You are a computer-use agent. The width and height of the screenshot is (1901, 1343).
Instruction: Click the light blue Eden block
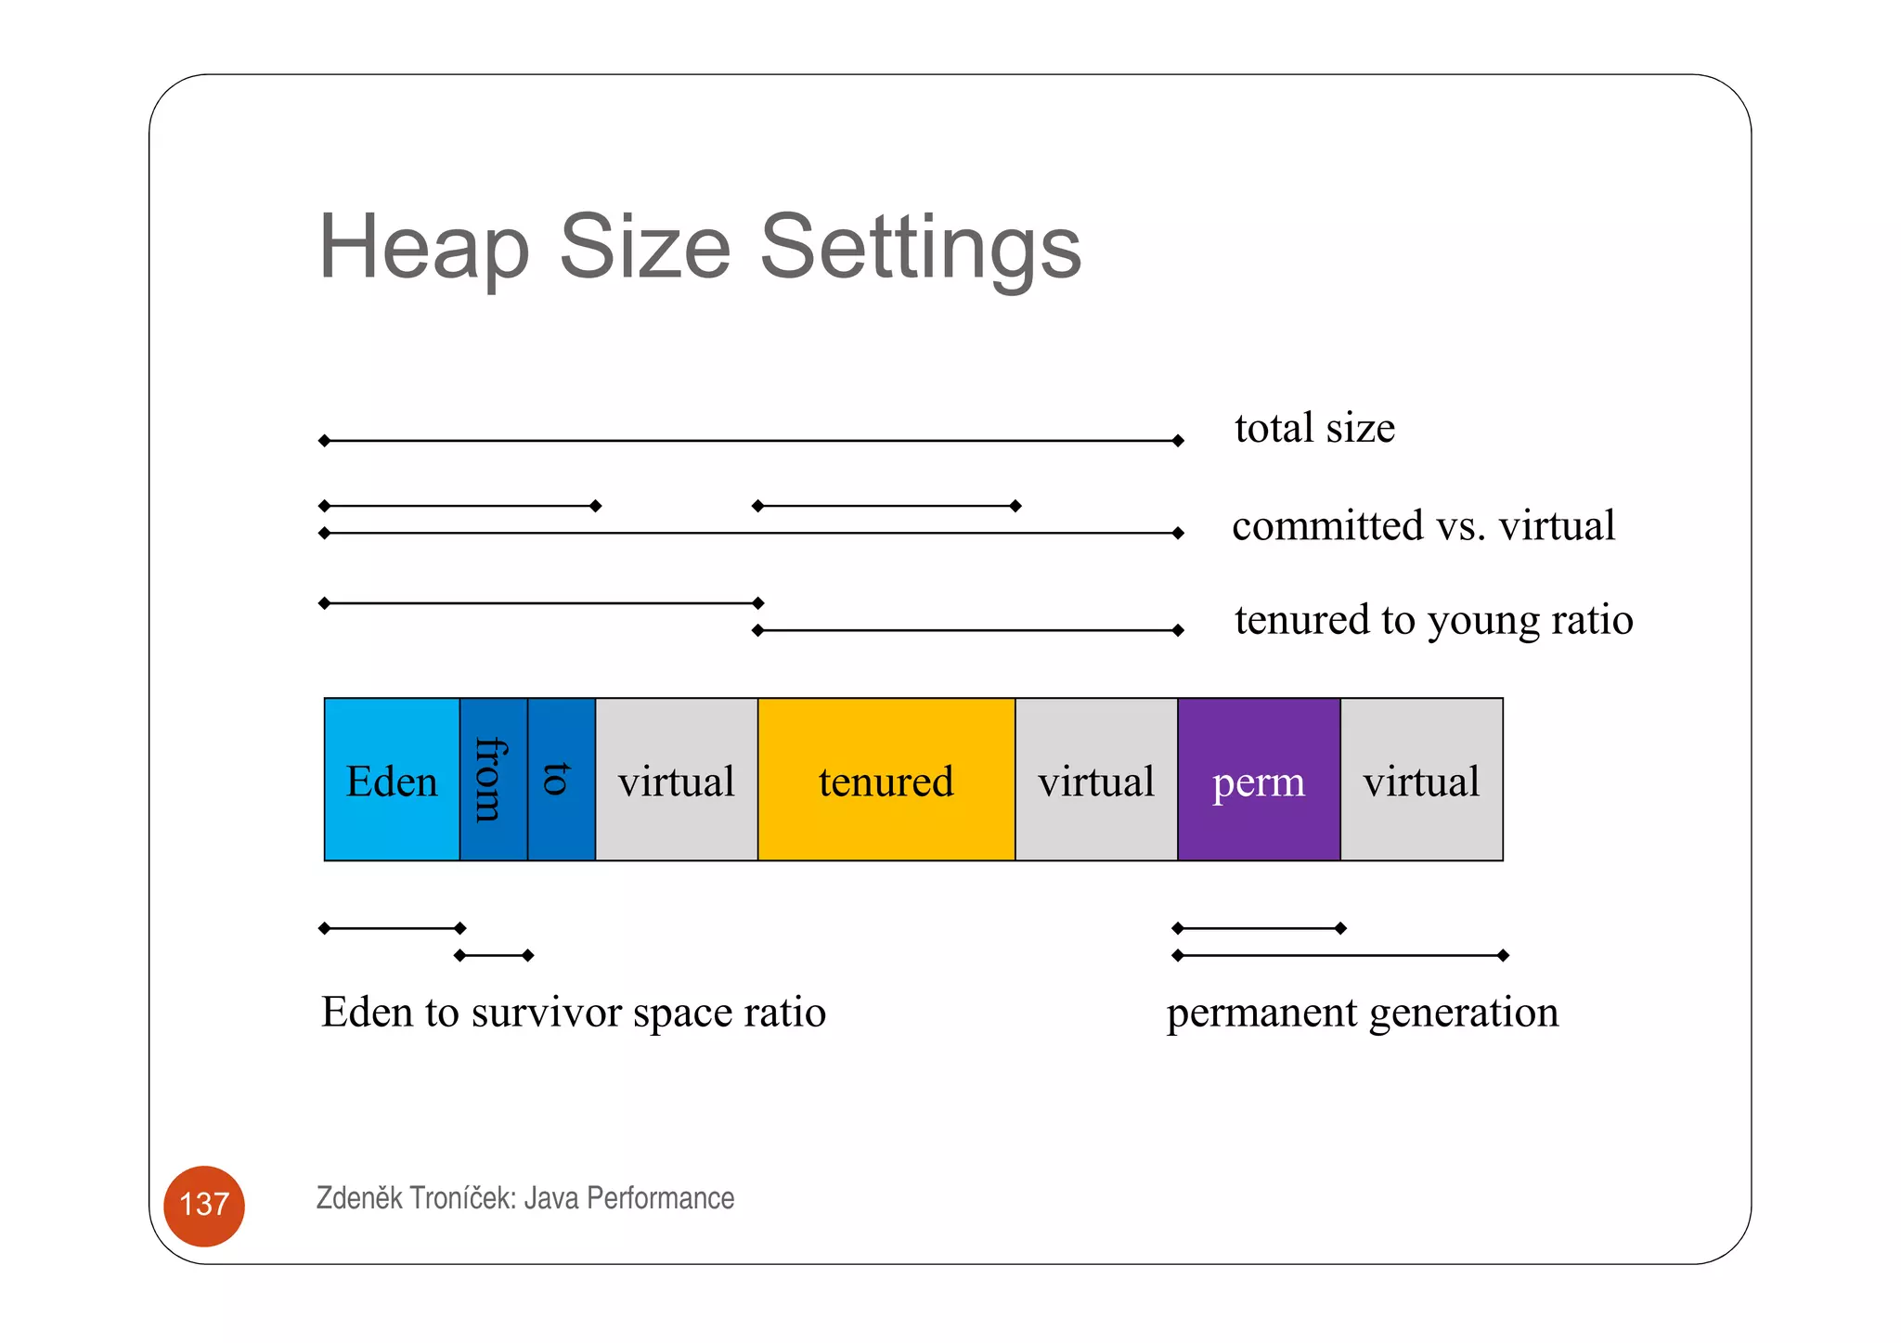[391, 780]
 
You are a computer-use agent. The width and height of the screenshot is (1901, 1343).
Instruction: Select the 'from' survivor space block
[493, 780]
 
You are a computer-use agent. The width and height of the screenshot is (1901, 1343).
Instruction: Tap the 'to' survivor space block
[561, 780]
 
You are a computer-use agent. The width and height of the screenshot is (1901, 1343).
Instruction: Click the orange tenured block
[886, 780]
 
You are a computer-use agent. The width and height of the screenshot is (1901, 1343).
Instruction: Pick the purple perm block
[1258, 780]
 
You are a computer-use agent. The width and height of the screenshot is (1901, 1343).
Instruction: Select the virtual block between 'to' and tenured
[676, 780]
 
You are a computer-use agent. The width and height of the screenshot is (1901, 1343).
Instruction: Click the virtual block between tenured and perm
[1095, 780]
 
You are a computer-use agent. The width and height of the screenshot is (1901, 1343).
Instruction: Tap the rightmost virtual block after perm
[1420, 780]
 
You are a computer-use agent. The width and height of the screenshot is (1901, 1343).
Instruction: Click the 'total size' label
[1314, 428]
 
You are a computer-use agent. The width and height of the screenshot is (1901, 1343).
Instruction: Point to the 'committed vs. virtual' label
[1423, 525]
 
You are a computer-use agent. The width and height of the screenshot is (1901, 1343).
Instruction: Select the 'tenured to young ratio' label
[1433, 619]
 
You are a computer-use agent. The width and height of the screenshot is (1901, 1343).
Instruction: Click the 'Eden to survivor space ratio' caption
[573, 1012]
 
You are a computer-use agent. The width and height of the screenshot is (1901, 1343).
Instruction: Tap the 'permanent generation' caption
[1362, 1012]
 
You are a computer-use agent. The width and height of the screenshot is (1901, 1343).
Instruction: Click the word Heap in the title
[423, 247]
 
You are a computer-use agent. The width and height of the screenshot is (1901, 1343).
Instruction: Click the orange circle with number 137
[204, 1205]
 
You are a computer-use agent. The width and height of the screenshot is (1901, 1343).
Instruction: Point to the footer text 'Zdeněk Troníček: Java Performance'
[524, 1198]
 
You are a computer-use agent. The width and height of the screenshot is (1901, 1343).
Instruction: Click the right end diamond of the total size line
[1178, 441]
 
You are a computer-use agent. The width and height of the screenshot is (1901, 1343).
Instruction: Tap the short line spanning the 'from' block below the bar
[494, 955]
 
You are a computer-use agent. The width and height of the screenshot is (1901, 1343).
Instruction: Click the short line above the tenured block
[886, 506]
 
